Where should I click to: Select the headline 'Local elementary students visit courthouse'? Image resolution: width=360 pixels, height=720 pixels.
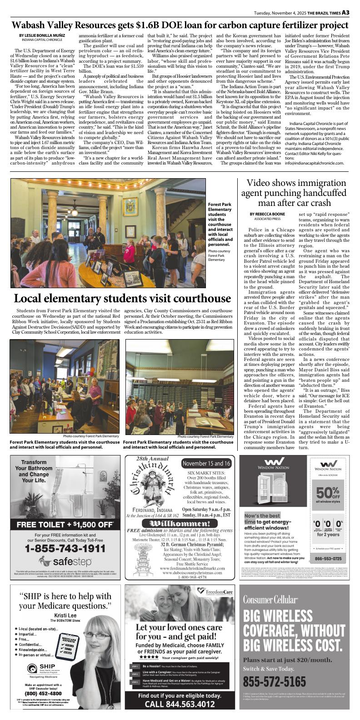(122, 299)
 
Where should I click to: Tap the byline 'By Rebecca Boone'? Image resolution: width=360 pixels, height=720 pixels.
(267, 214)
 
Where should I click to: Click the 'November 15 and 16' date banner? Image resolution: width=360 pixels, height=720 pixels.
(207, 463)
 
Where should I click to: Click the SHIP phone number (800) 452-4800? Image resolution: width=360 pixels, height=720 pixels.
(44, 694)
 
